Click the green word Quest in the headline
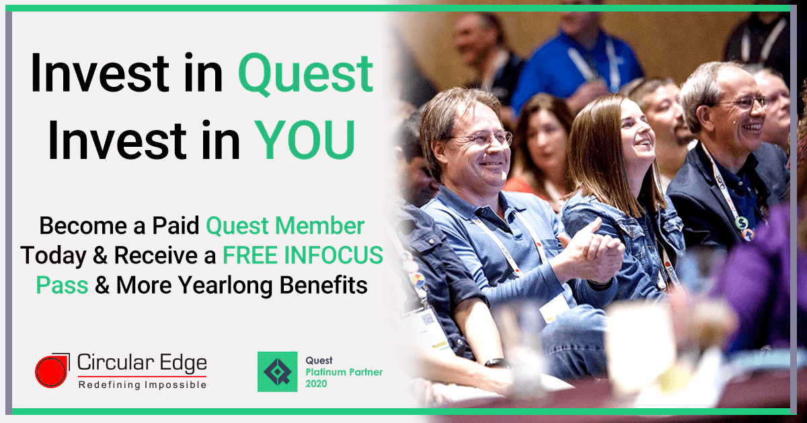(x=306, y=75)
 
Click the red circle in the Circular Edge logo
(x=50, y=372)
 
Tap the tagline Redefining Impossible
(x=142, y=385)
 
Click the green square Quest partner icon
(x=277, y=371)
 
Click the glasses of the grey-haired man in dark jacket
(x=745, y=103)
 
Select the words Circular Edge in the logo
(x=142, y=364)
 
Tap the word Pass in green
(x=62, y=285)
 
